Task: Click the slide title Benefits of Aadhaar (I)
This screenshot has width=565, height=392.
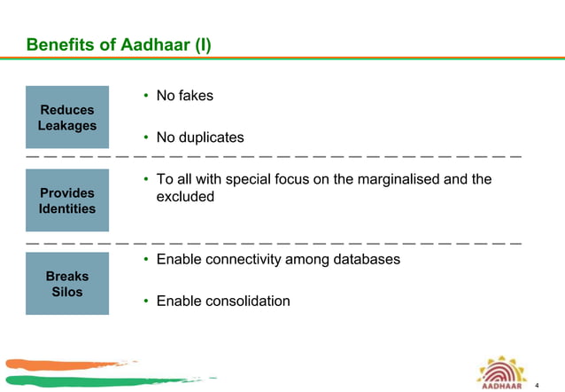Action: pos(119,44)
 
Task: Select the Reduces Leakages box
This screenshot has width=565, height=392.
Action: pos(67,118)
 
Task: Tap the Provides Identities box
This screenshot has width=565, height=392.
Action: pos(67,200)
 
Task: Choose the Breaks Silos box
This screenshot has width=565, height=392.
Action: pos(67,284)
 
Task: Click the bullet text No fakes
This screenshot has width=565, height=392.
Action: pos(184,95)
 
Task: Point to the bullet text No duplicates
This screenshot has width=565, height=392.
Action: pos(199,137)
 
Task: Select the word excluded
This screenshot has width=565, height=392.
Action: pos(185,197)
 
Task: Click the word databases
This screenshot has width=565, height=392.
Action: pos(366,260)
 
